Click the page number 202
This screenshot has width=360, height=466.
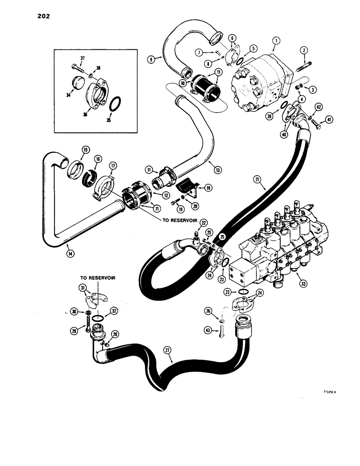click(x=41, y=16)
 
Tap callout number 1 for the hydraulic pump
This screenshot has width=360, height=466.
click(x=276, y=41)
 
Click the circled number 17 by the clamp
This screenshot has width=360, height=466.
click(x=112, y=165)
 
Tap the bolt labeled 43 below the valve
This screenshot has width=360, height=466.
click(x=221, y=331)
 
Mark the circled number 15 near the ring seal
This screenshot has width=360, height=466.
click(x=85, y=150)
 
